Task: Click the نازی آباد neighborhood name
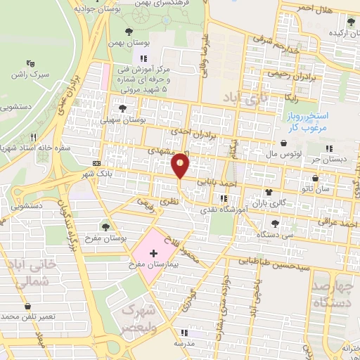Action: (x=242, y=98)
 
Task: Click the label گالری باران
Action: (x=278, y=202)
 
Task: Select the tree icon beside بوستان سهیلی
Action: (x=123, y=108)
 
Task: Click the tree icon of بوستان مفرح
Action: (x=105, y=226)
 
